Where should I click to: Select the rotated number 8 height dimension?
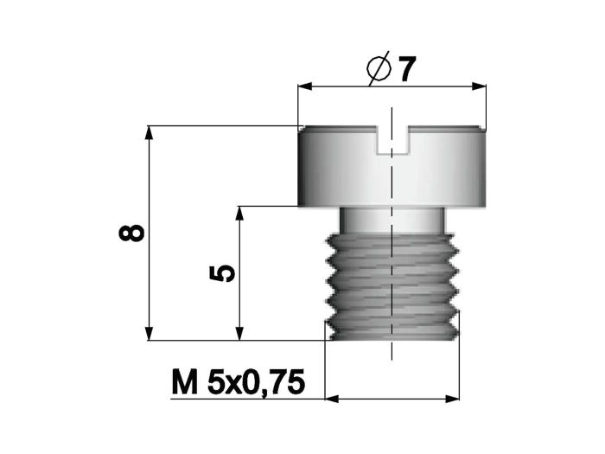point(132,233)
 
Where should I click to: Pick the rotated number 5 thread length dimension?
point(222,273)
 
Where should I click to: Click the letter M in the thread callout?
point(183,381)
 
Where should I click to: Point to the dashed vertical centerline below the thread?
point(392,350)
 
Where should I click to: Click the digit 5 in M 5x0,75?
point(216,381)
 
